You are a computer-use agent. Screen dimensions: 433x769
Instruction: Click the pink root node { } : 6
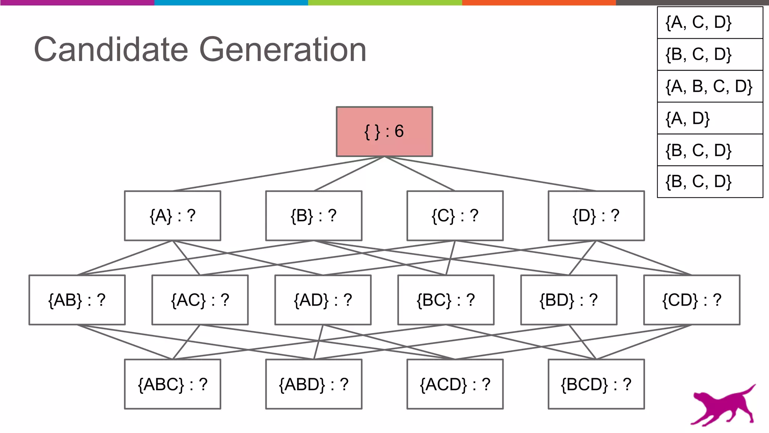(x=384, y=132)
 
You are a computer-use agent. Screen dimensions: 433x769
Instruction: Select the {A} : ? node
(x=172, y=216)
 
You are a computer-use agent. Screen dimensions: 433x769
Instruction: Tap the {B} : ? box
(x=314, y=216)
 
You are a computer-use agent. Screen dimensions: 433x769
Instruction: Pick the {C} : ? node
(x=455, y=216)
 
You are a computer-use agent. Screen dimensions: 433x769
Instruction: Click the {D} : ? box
(x=596, y=216)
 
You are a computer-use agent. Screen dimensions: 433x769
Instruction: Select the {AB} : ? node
(x=77, y=300)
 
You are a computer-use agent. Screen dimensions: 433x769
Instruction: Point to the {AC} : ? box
(x=200, y=300)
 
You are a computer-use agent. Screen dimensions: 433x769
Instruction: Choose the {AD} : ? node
(x=323, y=300)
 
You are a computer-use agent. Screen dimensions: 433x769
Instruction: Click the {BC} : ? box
(x=446, y=300)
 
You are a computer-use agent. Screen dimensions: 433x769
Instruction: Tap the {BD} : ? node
(x=568, y=300)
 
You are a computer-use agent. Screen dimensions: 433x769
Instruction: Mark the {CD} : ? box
(x=692, y=300)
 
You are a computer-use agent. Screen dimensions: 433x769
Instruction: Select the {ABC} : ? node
(x=172, y=384)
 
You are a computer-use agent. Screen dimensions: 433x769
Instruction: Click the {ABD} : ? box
(x=314, y=384)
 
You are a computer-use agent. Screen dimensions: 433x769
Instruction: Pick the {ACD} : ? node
(x=455, y=384)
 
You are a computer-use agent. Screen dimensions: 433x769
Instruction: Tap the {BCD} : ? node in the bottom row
(x=596, y=384)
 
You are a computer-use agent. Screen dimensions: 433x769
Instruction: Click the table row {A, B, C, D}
(x=710, y=86)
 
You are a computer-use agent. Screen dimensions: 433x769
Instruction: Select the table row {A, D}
(x=710, y=118)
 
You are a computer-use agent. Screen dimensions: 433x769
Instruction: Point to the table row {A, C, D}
(x=710, y=23)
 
